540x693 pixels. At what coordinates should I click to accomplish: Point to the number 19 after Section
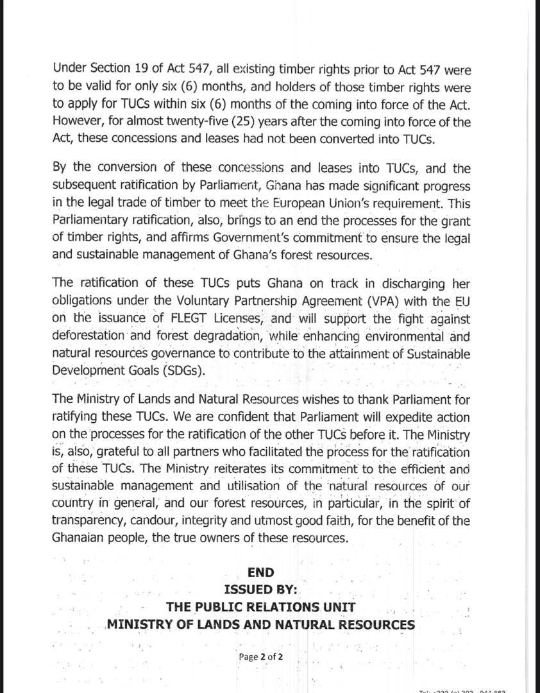138,69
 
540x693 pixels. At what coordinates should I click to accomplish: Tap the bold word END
260,572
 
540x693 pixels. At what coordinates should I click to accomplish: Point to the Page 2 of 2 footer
260,657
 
